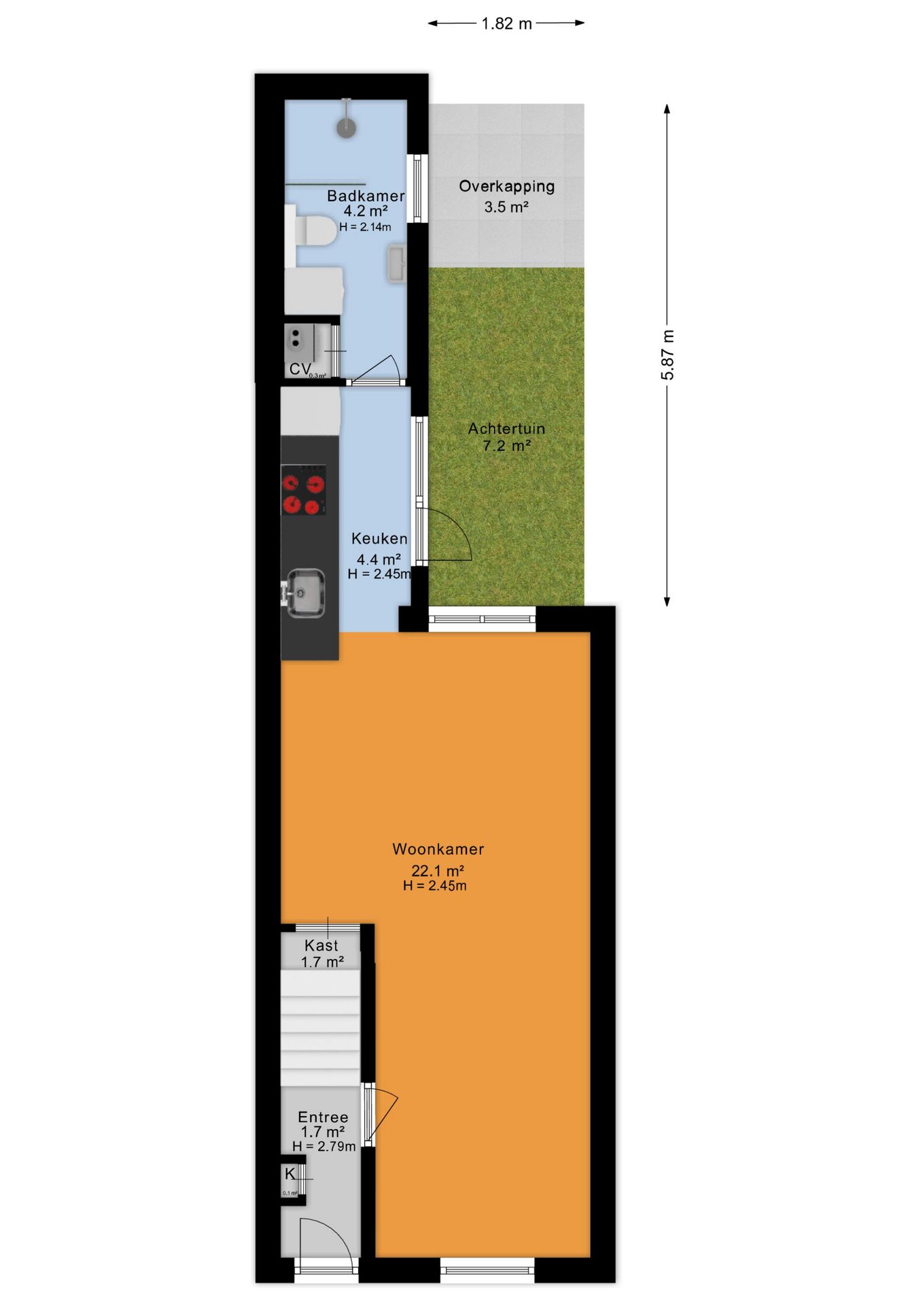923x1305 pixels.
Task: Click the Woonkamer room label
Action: tap(438, 849)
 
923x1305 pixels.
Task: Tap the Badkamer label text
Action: tap(366, 196)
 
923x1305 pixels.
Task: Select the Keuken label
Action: tap(379, 538)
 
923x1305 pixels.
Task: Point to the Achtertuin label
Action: tap(506, 429)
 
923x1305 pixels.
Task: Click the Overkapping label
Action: tap(506, 186)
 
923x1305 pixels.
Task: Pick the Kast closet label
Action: tap(321, 945)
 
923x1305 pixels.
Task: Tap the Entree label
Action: tap(323, 1117)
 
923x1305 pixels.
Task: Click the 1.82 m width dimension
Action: tap(506, 24)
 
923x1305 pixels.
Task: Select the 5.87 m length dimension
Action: tap(668, 355)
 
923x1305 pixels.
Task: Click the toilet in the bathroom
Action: tap(315, 230)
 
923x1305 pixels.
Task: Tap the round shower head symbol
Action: tap(347, 127)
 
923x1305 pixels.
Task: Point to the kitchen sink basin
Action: tap(305, 593)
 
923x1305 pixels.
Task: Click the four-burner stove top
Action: tap(303, 489)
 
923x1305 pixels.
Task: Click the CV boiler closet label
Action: tap(300, 369)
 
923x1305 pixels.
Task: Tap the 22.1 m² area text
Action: tap(438, 871)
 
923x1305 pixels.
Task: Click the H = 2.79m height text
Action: tap(324, 1147)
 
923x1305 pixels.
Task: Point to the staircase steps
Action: tap(320, 1027)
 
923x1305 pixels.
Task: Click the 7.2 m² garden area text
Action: tap(506, 447)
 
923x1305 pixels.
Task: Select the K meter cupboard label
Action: tap(290, 1174)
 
